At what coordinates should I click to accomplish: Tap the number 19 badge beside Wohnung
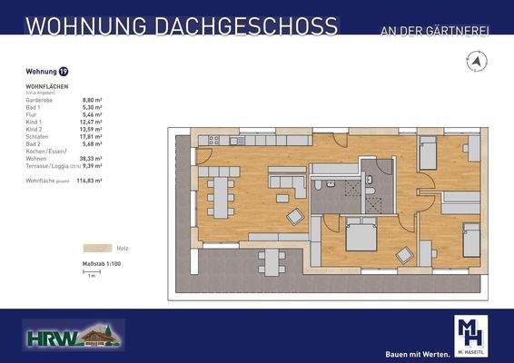63,71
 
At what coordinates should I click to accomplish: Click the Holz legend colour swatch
97,246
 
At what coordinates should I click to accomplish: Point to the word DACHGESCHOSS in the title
231,26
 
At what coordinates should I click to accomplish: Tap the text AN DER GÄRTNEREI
434,33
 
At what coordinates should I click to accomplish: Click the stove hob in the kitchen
214,141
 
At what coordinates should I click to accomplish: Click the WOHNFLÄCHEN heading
46,88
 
